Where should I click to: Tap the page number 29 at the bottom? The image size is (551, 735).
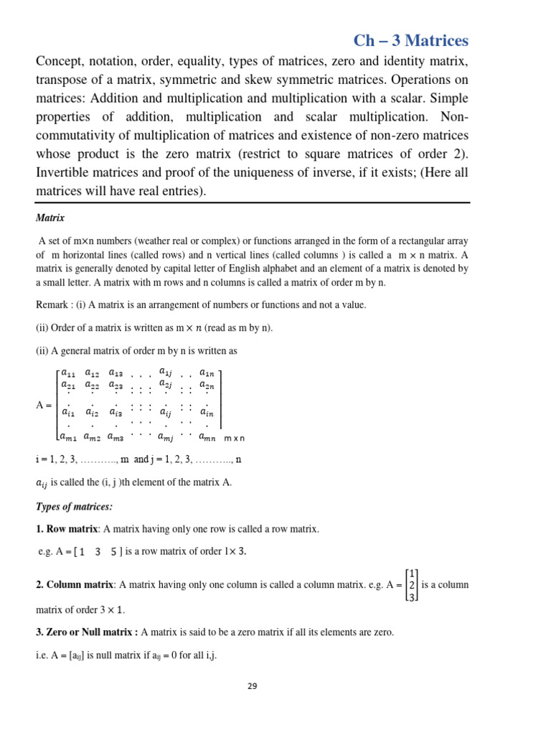point(252,685)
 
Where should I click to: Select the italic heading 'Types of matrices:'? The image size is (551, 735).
point(74,507)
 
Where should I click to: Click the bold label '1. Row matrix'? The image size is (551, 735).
point(67,529)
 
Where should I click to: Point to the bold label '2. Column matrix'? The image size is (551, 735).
point(75,584)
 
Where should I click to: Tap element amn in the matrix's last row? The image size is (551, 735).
point(207,436)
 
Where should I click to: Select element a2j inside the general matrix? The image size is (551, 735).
point(166,384)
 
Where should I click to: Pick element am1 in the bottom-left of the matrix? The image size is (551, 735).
point(69,436)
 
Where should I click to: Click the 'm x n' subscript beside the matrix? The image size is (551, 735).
point(234,438)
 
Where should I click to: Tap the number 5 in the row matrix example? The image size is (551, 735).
point(113,551)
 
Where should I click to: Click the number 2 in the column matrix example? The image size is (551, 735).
point(412,585)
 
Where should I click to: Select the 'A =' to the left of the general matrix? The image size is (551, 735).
point(44,406)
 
